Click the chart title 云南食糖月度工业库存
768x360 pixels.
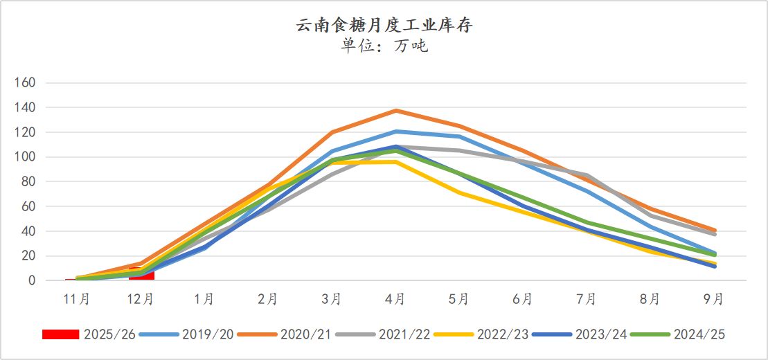[384, 26]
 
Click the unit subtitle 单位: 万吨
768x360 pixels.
[384, 46]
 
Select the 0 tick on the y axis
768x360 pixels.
[31, 281]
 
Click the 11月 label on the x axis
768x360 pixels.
[77, 299]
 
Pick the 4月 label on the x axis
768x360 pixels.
[395, 299]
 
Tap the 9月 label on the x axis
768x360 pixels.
[714, 299]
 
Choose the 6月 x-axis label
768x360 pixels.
[523, 299]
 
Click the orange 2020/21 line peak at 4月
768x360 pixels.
[395, 111]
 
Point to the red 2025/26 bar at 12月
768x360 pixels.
[141, 275]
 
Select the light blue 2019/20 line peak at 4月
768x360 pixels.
[395, 132]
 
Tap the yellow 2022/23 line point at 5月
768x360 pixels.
[459, 192]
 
